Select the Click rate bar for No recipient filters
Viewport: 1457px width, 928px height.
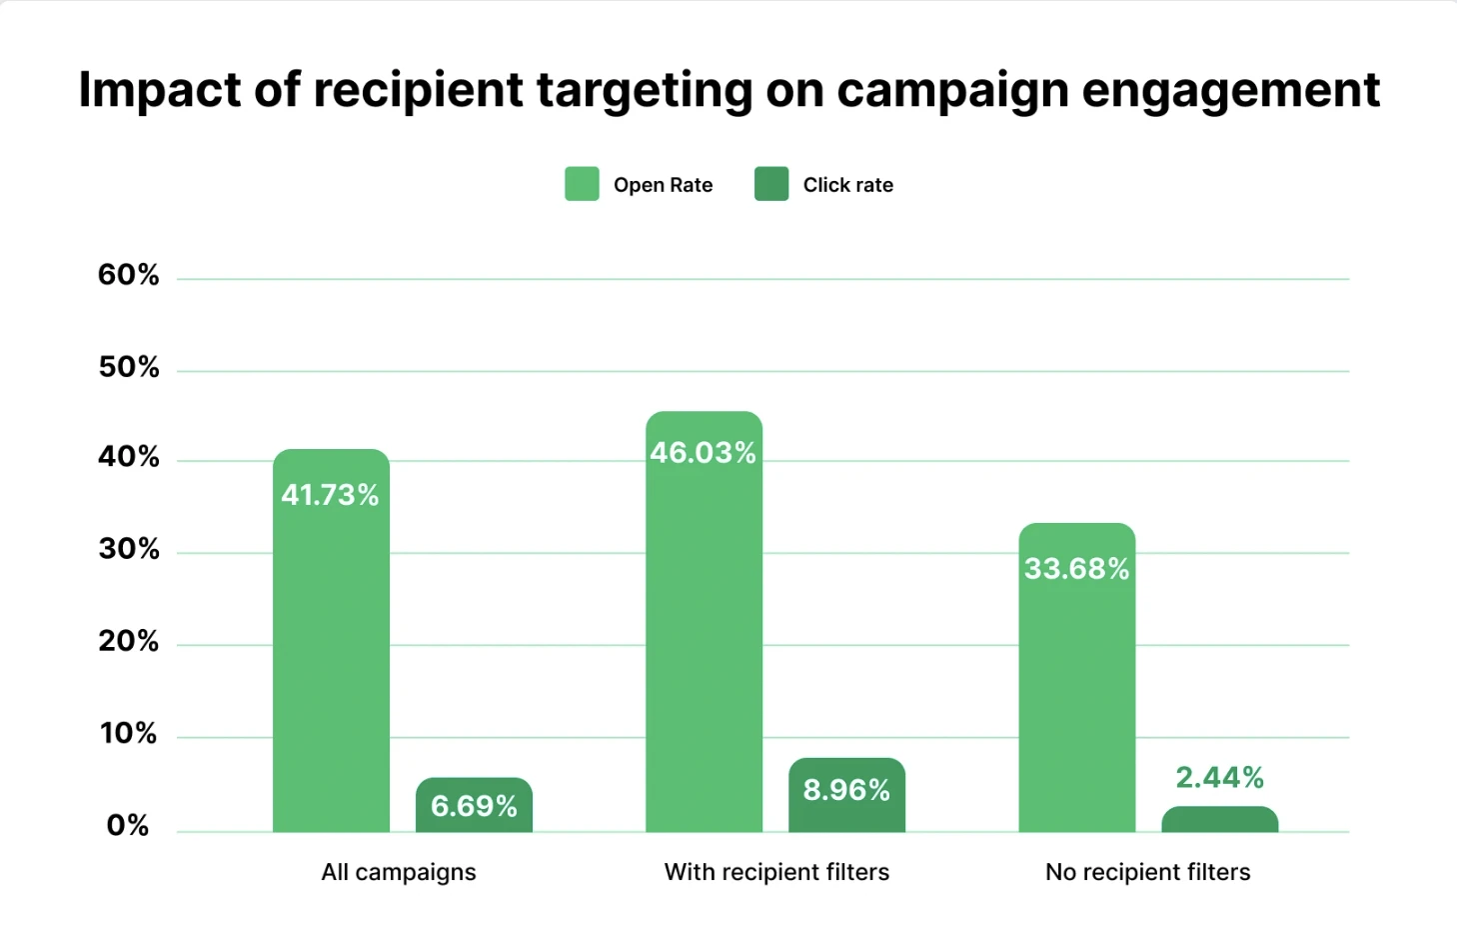[x=1219, y=819]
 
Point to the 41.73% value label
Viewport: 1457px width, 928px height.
[x=330, y=495]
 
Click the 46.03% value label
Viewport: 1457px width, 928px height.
[x=703, y=453]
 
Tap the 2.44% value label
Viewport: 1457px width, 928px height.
[x=1219, y=777]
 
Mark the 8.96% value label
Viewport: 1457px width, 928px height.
[x=846, y=790]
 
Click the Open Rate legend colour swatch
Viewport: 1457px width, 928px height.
[x=582, y=184]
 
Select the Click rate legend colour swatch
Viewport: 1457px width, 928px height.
[x=771, y=184]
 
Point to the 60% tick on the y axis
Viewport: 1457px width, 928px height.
[x=129, y=275]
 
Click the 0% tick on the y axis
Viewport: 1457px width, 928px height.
[x=128, y=826]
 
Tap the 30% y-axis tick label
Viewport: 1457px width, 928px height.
[x=129, y=549]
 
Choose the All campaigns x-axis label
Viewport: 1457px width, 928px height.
[x=399, y=872]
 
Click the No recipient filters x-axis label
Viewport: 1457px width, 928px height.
[x=1147, y=872]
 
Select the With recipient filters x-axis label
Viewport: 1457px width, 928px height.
[x=776, y=872]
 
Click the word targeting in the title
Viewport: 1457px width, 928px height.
[x=645, y=91]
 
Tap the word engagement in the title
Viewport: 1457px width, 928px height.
[x=1230, y=91]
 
